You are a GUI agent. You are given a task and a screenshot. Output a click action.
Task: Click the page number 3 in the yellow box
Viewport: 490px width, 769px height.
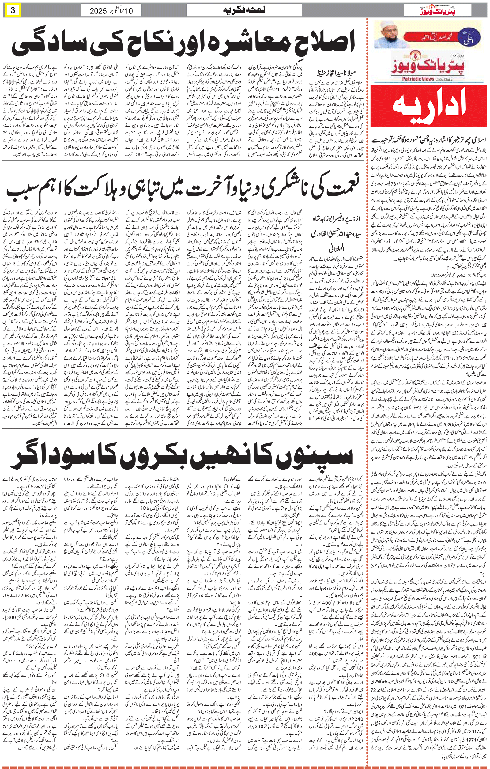[13, 10]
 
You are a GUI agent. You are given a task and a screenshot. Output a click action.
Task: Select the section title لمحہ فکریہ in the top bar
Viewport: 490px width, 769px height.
[244, 10]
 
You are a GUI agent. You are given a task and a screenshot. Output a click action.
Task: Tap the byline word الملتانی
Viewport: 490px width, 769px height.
[337, 248]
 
